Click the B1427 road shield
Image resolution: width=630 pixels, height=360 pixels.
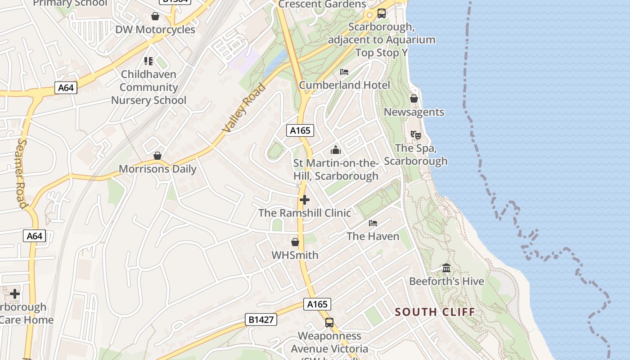[261, 319]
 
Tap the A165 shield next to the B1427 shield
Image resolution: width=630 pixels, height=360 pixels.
[317, 304]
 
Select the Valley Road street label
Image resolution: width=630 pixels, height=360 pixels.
[244, 108]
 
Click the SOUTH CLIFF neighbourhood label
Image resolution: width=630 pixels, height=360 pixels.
[435, 312]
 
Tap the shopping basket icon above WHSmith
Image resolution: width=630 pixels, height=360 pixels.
[295, 243]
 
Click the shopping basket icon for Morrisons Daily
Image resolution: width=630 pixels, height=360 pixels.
[157, 156]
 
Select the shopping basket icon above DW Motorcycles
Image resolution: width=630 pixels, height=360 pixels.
[155, 17]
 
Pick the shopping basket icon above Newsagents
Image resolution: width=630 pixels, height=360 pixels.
[414, 99]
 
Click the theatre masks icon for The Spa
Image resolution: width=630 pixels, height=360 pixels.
[415, 135]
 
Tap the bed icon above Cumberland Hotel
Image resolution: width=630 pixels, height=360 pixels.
[344, 72]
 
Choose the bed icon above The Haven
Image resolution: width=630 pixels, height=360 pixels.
[373, 223]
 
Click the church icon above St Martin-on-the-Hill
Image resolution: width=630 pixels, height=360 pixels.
[336, 150]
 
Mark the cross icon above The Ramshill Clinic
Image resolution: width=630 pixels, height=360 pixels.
[305, 200]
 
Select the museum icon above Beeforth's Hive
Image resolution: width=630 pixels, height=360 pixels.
[446, 268]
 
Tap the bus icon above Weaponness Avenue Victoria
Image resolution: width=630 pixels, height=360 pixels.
[329, 323]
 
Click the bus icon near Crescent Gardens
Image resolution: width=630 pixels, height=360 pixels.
[382, 13]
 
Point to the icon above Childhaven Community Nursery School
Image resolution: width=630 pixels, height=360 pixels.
[148, 61]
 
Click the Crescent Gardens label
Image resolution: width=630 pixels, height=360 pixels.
[322, 4]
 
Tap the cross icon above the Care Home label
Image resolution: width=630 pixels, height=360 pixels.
[15, 294]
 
